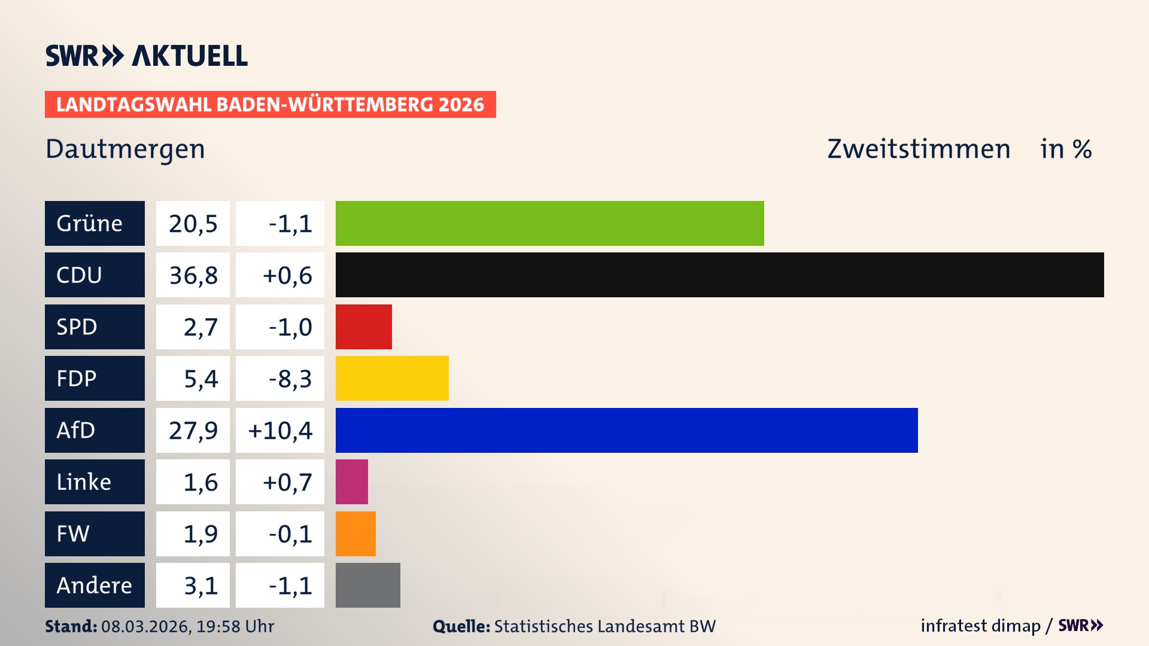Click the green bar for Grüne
(x=549, y=223)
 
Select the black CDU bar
(x=719, y=275)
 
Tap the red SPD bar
(x=363, y=327)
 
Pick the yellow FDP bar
(x=392, y=378)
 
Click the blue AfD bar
(x=627, y=430)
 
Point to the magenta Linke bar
(x=352, y=482)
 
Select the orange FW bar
(x=355, y=534)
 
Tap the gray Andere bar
(x=367, y=585)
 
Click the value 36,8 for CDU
(x=193, y=275)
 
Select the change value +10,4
(x=280, y=430)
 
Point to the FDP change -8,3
(x=290, y=379)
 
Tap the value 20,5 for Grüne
(x=193, y=224)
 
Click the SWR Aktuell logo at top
(x=147, y=56)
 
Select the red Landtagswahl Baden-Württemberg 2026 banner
(x=270, y=105)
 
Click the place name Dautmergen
(x=125, y=149)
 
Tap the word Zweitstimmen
(x=919, y=149)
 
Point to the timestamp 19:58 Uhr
(x=235, y=626)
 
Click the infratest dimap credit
(x=980, y=626)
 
